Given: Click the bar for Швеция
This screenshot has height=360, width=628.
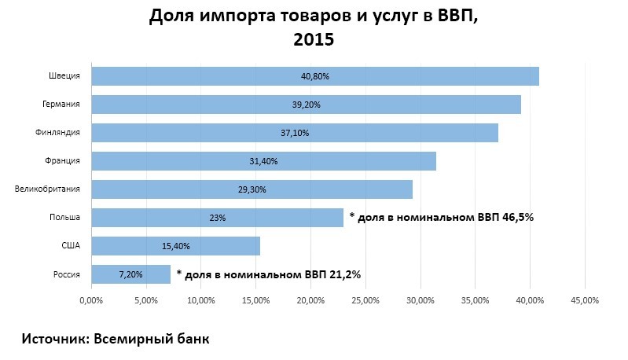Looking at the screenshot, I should point(314,75).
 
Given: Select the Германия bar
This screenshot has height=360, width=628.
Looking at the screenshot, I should point(306,104).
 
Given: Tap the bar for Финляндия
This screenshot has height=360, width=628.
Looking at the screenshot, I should point(295,132).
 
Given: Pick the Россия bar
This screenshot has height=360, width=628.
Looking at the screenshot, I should point(130,274).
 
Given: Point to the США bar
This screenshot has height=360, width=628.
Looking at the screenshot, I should point(175,246).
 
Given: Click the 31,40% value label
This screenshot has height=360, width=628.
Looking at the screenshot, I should point(263,161).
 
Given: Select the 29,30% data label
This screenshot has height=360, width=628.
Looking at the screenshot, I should point(252,189).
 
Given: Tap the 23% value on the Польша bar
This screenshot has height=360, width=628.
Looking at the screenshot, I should point(218,218).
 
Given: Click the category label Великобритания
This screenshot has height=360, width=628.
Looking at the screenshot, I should point(48,189).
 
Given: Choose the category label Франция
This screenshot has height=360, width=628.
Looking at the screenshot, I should point(63,161).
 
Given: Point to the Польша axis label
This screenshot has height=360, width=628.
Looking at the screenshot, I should point(64,218).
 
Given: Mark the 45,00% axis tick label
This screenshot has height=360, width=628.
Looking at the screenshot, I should point(585,299).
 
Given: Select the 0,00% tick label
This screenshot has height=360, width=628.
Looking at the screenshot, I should point(92,299).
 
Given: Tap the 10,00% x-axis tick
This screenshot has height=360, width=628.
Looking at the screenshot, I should point(201,299).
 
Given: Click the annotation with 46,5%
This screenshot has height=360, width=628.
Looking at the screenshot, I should point(442,217).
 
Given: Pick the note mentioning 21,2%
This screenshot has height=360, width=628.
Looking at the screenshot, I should point(269,274).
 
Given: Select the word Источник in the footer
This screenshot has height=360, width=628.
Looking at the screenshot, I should point(53,339).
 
